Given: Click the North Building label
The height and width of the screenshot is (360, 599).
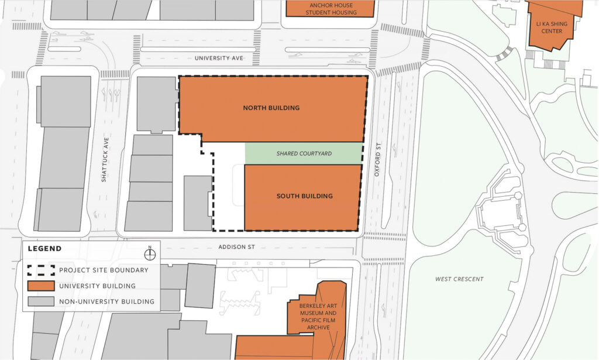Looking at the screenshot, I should (271, 108).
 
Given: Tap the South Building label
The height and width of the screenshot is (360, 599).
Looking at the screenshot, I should (304, 196).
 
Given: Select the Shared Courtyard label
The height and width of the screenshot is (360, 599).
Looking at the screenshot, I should (304, 154).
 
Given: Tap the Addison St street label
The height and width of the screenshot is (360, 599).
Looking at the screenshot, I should (237, 248).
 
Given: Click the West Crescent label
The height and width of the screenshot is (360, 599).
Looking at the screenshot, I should (459, 279).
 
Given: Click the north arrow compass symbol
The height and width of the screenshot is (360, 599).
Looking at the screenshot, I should (150, 253).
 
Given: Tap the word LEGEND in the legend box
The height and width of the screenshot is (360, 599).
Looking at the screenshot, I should (44, 249).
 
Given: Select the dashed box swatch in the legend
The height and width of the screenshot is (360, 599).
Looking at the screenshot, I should (41, 270).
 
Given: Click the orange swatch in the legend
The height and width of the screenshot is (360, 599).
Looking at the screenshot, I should (41, 286).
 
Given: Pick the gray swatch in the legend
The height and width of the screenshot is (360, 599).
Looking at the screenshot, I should (41, 302).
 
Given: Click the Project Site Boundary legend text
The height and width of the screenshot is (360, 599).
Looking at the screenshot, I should (104, 270).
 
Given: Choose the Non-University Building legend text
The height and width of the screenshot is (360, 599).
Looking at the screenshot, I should (106, 302).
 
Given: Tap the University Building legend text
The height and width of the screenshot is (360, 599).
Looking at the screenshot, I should (97, 286).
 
